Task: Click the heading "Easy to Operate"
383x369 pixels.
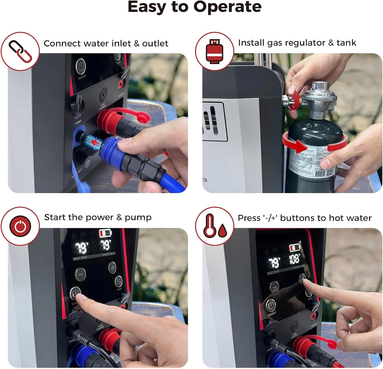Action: (194, 7)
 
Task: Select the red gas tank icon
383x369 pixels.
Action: (214, 51)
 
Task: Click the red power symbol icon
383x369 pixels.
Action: (20, 226)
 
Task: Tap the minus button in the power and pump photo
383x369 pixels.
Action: (80, 274)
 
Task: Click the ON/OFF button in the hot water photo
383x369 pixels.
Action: (271, 306)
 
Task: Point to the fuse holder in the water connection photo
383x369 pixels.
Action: (103, 95)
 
